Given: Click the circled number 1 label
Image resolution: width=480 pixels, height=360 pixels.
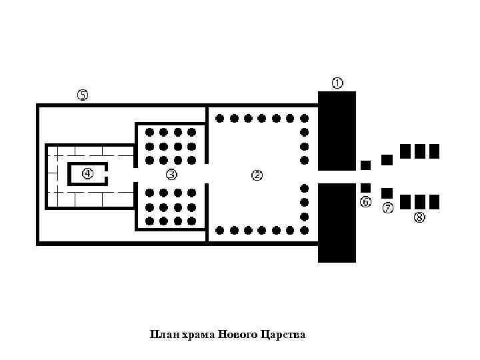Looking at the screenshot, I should point(338,83).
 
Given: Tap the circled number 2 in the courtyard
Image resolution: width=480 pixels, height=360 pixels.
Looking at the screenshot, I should point(257,175).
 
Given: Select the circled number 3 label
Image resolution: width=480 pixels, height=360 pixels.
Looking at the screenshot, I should point(171,175).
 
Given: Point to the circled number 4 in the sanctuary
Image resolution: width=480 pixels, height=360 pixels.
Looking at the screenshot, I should point(88,173).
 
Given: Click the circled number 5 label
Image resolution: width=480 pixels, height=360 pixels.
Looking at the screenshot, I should point(82,95).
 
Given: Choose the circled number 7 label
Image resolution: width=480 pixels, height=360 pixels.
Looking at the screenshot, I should point(388,208).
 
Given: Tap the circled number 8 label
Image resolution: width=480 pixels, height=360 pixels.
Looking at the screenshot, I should point(420,217).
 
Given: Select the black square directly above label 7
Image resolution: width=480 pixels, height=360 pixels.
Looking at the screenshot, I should point(387,193).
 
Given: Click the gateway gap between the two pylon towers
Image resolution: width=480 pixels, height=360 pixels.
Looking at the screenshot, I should point(337,177).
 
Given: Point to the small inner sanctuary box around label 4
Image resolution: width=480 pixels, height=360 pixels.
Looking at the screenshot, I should point(87,174).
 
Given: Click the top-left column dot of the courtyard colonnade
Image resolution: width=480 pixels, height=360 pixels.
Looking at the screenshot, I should point(220,119).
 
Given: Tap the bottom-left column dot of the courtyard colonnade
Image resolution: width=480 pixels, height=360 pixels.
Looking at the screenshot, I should point(220,231).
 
